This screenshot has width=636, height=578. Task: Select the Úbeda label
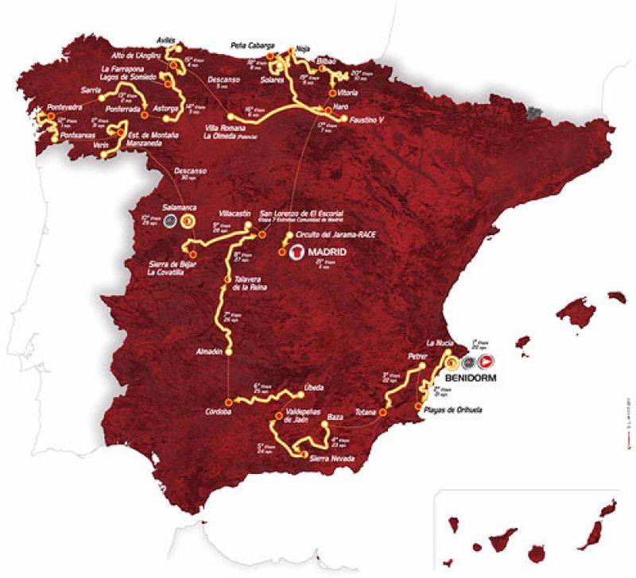313,387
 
